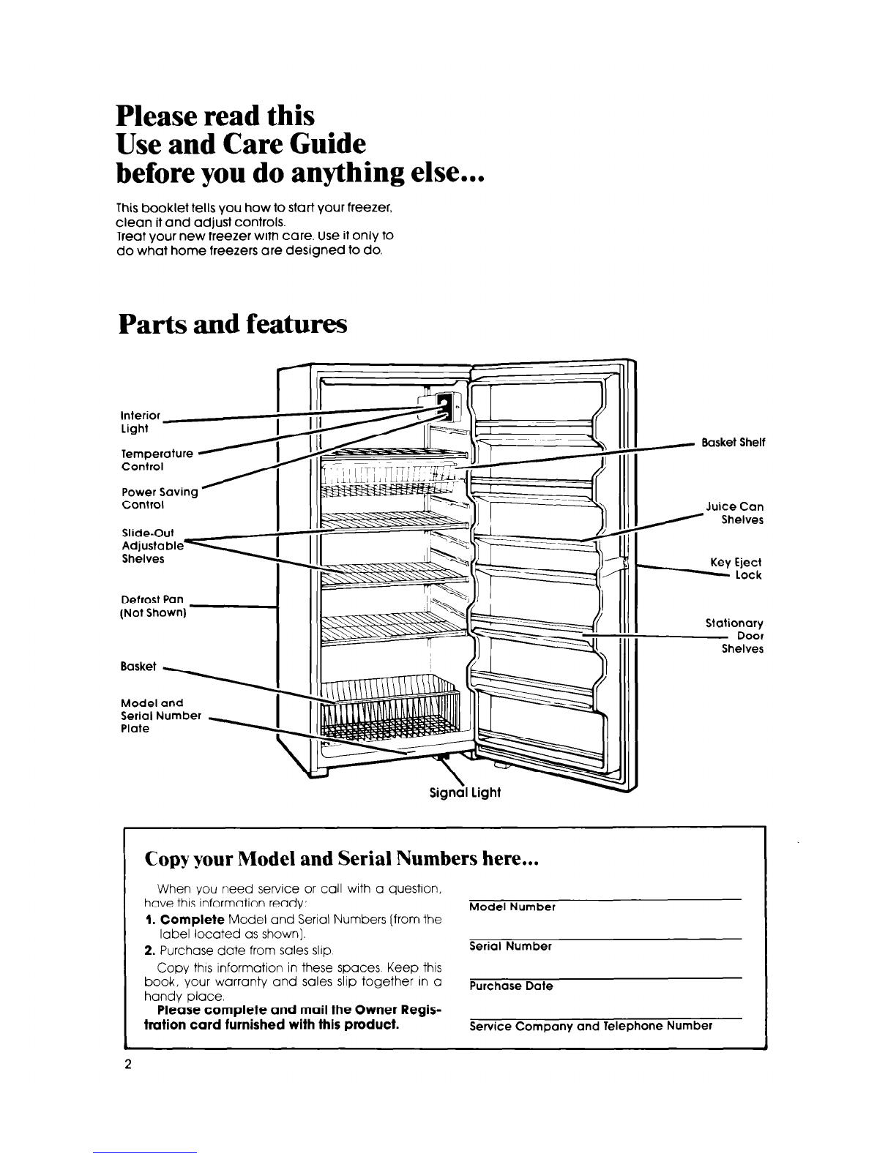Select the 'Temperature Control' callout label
[x=157, y=460]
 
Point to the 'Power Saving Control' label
[x=160, y=498]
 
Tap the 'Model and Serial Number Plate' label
[x=160, y=716]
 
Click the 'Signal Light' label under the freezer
[x=463, y=792]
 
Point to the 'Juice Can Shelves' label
[x=734, y=513]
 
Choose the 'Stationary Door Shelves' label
[x=734, y=636]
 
